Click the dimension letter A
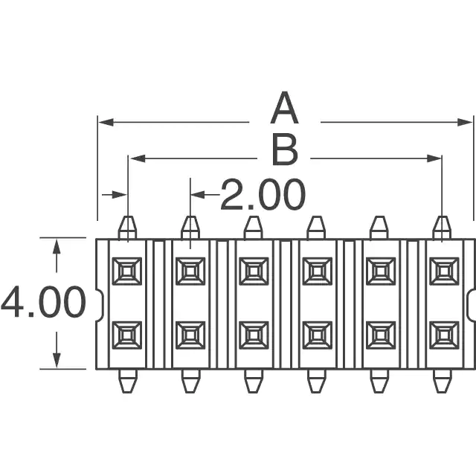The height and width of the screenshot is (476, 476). click(284, 108)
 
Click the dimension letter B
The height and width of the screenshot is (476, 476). click(285, 150)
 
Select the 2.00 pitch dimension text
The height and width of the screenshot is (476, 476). click(263, 195)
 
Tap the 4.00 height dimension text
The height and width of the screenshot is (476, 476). click(44, 303)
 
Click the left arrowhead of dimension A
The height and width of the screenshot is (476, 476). click(106, 122)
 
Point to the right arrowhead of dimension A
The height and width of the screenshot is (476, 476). click(465, 122)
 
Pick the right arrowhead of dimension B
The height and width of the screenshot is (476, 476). click(434, 158)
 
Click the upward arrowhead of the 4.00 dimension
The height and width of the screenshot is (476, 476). click(57, 246)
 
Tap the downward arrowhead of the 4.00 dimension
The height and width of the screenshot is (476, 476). click(57, 360)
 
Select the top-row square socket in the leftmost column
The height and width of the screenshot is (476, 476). click(127, 271)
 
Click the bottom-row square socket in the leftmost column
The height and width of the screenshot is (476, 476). click(127, 335)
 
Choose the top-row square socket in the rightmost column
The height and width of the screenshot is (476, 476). click(444, 271)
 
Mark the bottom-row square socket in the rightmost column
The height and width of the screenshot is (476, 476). click(444, 335)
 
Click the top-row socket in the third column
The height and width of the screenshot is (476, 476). click(254, 271)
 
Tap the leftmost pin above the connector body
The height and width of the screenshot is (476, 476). click(127, 228)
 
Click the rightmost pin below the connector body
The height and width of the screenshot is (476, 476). click(442, 382)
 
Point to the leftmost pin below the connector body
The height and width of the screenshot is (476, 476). click(128, 382)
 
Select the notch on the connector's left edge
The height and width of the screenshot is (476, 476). click(100, 303)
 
